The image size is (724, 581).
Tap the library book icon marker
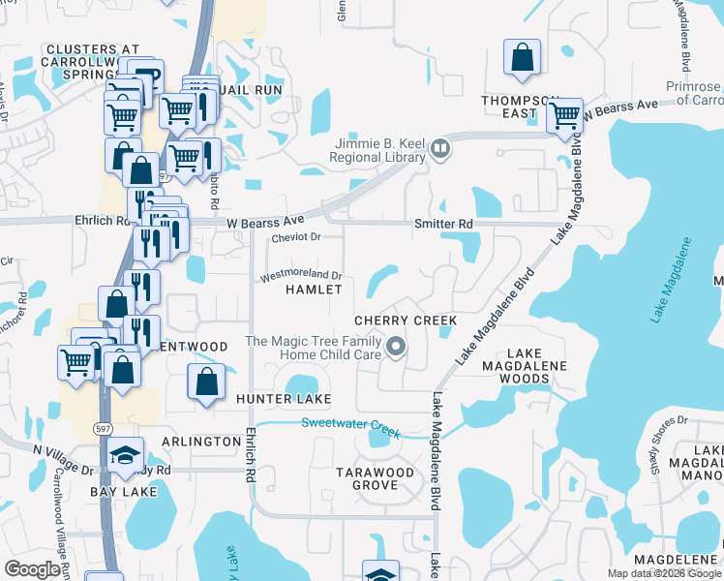[x=440, y=148]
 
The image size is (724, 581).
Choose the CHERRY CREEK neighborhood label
[x=406, y=321]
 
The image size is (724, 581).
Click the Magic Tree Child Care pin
[x=395, y=346]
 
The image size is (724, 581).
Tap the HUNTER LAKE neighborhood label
[x=283, y=399]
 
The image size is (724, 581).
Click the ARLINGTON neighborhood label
[x=201, y=442]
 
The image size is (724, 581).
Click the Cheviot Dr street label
[x=296, y=236]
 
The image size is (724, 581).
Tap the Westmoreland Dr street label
[x=300, y=276]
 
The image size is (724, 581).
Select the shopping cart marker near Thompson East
[x=563, y=116]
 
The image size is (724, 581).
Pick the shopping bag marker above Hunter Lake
[x=206, y=382]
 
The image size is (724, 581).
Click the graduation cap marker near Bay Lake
[x=125, y=454]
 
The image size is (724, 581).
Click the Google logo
[x=32, y=569]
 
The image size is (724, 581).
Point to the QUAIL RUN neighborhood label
[x=251, y=89]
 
